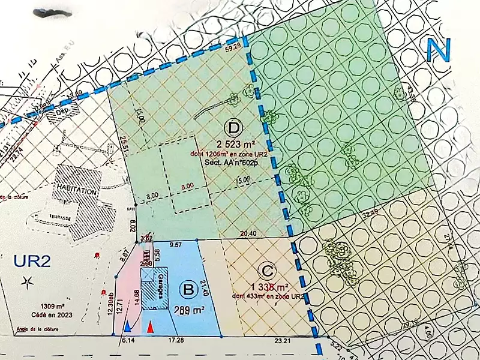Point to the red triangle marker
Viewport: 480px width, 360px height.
point(150,328)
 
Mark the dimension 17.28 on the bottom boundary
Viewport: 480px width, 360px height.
point(176,341)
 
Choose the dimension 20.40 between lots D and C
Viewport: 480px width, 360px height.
point(248,233)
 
